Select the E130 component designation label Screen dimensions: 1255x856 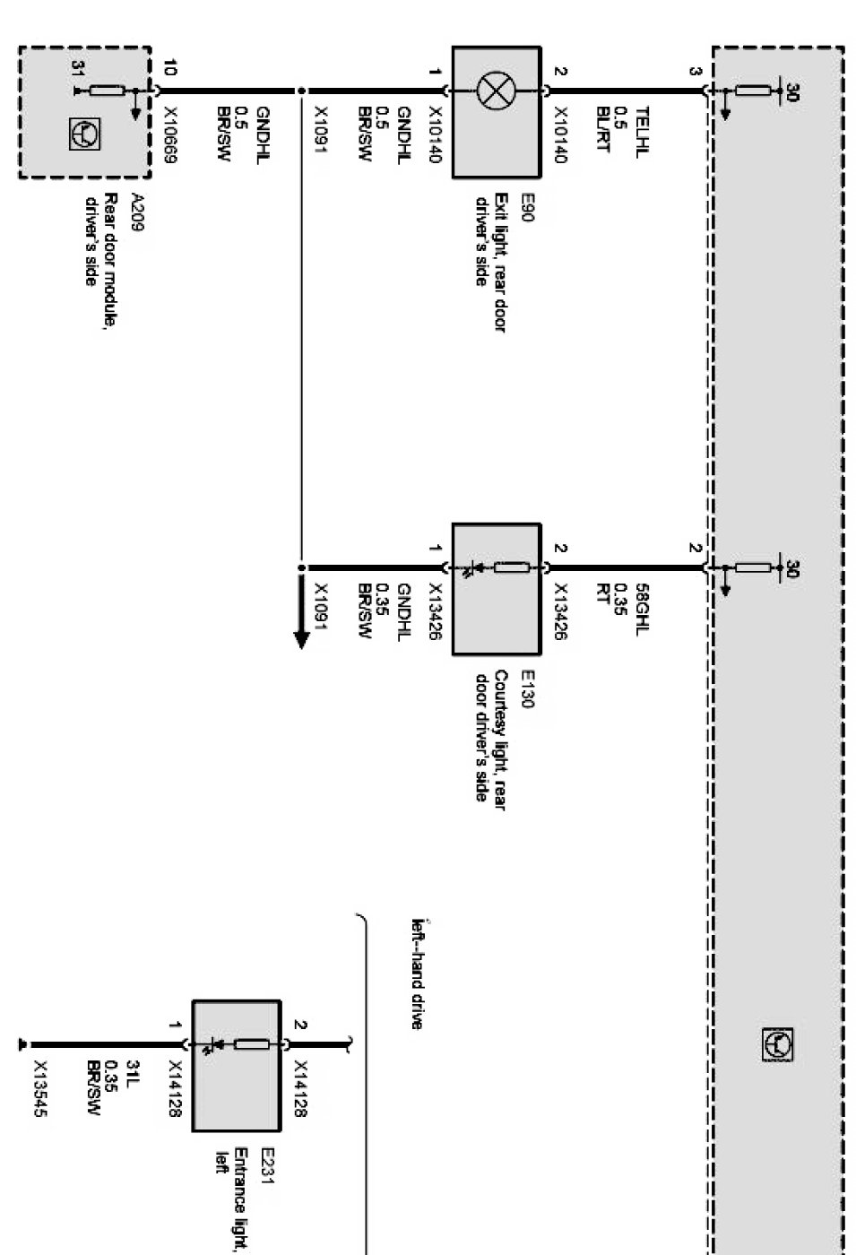526,689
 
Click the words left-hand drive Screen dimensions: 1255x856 416,974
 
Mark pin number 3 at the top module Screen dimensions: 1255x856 696,71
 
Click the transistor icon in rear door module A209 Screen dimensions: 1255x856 91,134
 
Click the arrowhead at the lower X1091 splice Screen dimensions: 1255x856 301,638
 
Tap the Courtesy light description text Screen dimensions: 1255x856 490,735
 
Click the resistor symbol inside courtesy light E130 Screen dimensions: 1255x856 511,567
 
